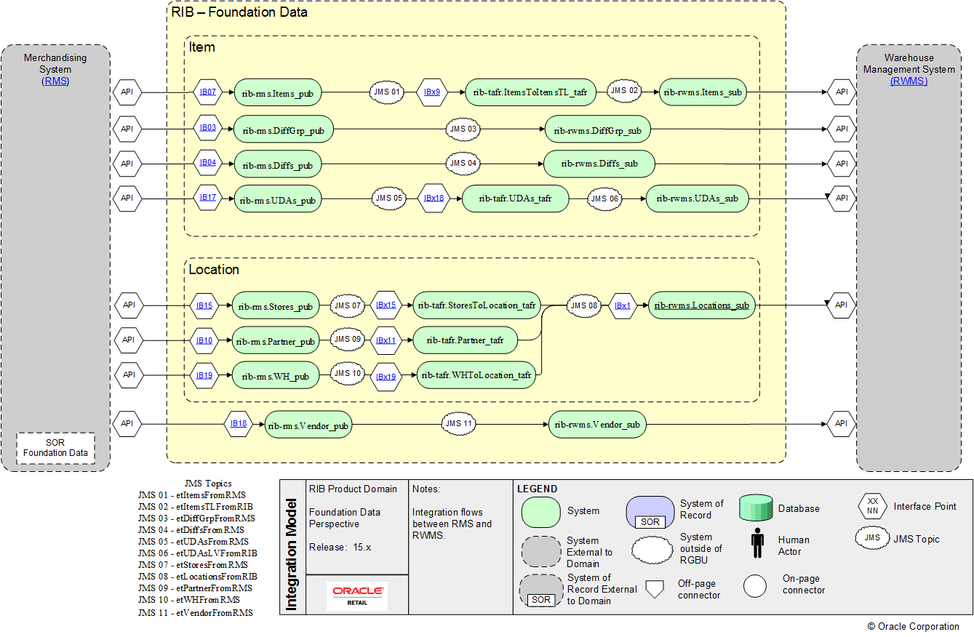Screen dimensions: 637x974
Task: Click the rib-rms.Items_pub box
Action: point(276,92)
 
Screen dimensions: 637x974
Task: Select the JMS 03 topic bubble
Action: point(463,129)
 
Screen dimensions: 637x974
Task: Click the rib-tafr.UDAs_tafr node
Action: point(514,198)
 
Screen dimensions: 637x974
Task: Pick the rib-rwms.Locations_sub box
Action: point(701,305)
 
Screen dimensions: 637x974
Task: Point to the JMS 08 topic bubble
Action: point(584,306)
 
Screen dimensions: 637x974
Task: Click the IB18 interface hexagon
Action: point(239,423)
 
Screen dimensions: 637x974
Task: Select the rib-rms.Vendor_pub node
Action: point(308,425)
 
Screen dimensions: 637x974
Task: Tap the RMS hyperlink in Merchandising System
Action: point(55,81)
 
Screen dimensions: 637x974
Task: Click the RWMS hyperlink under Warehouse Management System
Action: point(909,81)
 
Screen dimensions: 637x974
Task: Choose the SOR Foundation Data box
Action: point(55,448)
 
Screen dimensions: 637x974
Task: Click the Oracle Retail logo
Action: point(357,595)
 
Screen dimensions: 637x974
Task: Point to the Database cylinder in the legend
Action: point(755,508)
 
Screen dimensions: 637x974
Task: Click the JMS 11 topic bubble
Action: point(459,423)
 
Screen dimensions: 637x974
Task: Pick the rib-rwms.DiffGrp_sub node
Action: point(597,130)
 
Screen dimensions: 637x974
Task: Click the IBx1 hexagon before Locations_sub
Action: point(623,306)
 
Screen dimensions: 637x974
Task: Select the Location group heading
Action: point(214,270)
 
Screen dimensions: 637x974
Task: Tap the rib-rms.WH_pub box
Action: point(275,376)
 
